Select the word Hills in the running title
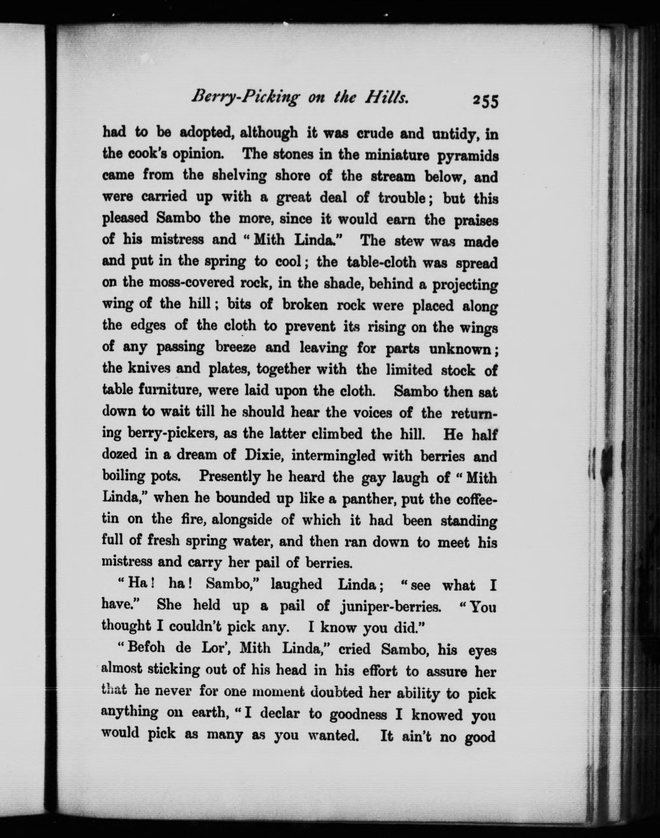click(x=386, y=98)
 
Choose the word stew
click(x=405, y=241)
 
